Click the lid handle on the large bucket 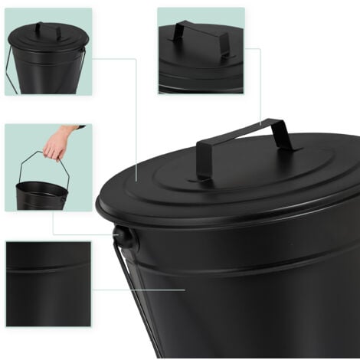coord(244,132)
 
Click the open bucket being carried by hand coord(41,195)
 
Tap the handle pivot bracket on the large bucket coord(125,238)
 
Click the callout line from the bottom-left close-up coord(138,290)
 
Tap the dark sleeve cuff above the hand coord(77,127)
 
